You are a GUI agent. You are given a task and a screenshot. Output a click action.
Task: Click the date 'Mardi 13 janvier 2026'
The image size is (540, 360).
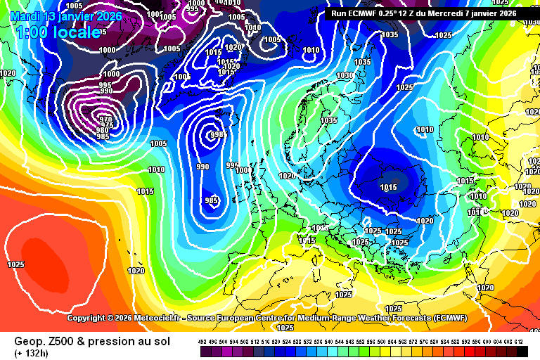coord(67,16)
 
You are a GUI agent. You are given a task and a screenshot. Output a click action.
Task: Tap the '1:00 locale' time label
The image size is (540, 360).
coord(57,32)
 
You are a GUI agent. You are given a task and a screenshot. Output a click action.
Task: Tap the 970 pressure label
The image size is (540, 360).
coord(105,120)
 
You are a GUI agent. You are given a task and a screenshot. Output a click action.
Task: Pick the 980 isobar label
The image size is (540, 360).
coord(103,130)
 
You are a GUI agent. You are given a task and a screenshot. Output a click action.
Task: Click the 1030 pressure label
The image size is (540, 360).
coord(345,75)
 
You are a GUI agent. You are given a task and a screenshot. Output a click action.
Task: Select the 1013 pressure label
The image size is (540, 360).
coord(465,181)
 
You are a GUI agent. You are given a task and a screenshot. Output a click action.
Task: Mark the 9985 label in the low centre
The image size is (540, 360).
coord(218,134)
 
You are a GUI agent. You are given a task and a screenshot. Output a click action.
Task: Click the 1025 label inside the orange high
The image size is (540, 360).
coord(15,264)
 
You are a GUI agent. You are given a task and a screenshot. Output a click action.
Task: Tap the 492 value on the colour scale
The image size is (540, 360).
coord(203,341)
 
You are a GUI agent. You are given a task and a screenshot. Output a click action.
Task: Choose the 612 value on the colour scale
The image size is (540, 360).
coord(519,341)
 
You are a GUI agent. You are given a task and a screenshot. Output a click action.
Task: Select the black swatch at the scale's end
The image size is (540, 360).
coord(521,351)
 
